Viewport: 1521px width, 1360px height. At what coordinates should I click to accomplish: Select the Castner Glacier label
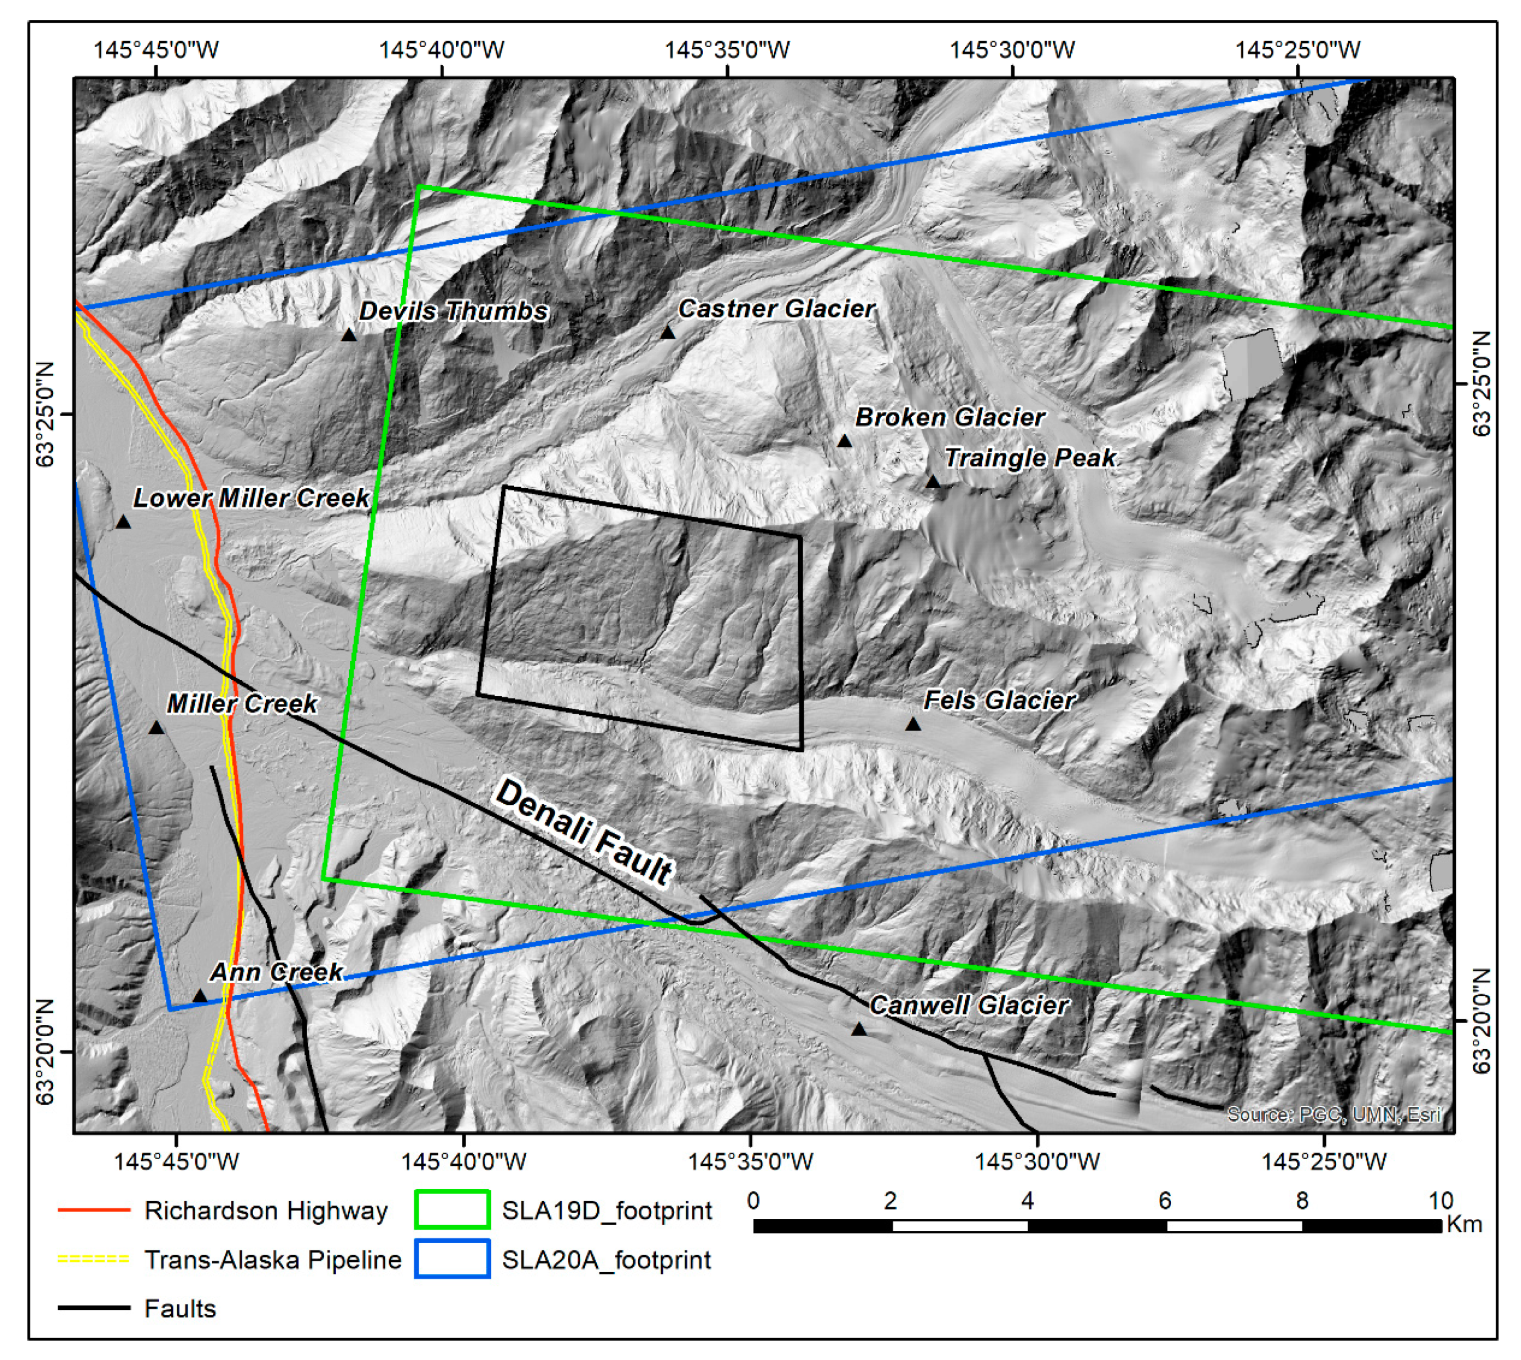coord(776,309)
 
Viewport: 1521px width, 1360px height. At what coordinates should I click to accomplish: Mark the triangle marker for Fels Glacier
coord(913,724)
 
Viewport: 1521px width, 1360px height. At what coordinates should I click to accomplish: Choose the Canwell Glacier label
coord(969,1005)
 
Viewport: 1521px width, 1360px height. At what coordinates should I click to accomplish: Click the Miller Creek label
coord(241,703)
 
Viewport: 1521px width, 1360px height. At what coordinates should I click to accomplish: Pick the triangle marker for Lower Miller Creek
coord(124,521)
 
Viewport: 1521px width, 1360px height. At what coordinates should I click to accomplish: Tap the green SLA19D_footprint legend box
coord(452,1210)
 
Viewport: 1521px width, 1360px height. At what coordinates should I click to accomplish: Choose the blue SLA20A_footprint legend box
coord(452,1259)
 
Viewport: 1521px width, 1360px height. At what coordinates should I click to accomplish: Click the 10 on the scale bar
coord(1440,1202)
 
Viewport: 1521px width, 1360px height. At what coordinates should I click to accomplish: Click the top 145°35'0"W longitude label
coord(727,50)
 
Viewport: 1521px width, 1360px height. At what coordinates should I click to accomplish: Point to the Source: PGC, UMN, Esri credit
coord(1333,1115)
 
